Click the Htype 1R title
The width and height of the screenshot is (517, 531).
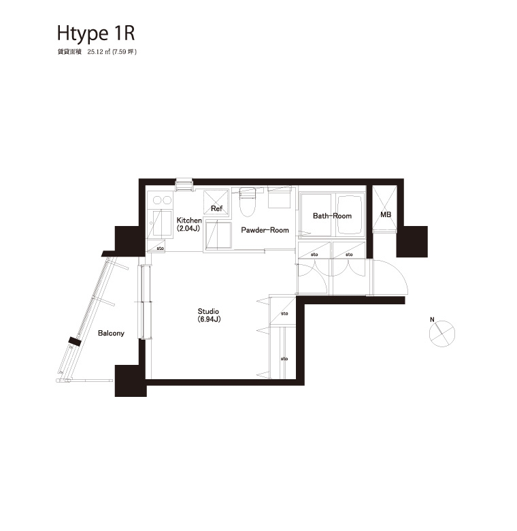96,34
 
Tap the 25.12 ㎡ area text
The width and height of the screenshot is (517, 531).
99,52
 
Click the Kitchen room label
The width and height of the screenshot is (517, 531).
189,221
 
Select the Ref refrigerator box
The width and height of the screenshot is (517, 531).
216,202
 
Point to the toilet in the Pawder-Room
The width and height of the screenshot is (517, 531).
247,202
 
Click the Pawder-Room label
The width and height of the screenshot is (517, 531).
265,230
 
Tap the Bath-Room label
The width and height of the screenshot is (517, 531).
332,216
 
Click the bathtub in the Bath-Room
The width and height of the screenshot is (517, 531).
350,214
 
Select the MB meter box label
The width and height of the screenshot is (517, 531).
386,214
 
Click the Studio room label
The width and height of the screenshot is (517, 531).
208,311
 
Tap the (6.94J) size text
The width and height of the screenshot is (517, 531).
209,319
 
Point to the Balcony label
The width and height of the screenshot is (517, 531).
111,333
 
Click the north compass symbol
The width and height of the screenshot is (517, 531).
442,334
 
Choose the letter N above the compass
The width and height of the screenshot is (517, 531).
432,320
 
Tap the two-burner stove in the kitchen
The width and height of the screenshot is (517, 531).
162,200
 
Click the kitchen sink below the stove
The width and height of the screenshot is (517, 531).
162,223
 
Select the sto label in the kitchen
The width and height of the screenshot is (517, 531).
160,248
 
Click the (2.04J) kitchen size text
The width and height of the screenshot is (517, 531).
189,229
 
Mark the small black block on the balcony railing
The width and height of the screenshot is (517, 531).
75,341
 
